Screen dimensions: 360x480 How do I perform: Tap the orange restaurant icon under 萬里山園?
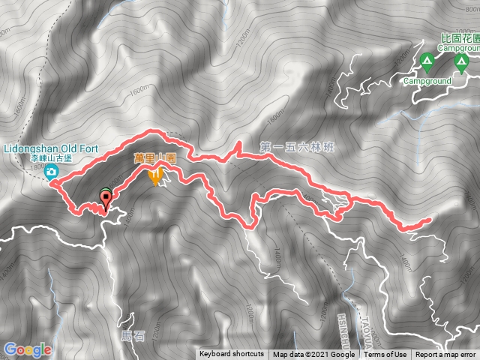156,178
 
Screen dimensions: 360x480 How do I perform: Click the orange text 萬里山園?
155,159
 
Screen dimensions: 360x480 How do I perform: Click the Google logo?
28,349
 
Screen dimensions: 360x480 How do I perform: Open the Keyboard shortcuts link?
232,354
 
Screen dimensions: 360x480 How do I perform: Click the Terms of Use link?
386,354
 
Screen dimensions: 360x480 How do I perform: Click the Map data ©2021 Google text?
314,354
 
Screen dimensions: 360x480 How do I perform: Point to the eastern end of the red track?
428,220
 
